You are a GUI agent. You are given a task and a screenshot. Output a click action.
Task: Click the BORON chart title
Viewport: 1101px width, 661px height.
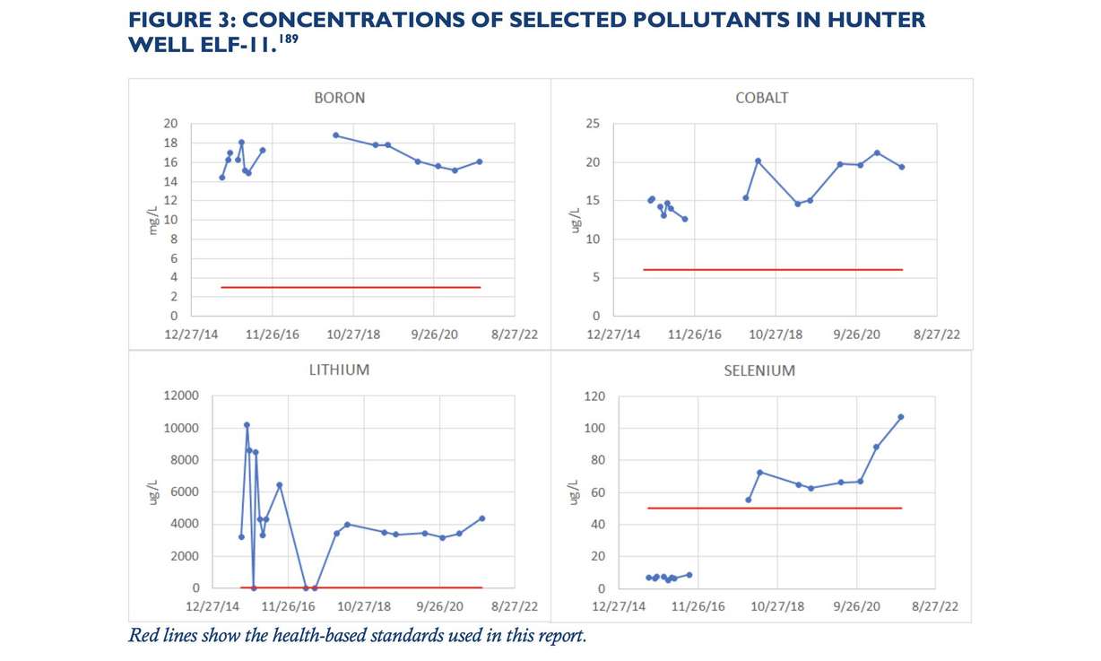coord(339,98)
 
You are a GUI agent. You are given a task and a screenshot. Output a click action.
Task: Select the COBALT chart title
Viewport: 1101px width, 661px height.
coord(761,98)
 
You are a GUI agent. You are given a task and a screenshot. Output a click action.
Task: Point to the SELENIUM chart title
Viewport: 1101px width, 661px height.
coord(759,370)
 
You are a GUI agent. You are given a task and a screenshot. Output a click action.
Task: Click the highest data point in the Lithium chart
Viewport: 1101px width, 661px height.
coord(247,425)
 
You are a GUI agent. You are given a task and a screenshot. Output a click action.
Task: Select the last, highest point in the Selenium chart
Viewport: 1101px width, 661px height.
coord(901,416)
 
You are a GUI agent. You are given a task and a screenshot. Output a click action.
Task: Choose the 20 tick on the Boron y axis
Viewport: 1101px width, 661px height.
coord(170,124)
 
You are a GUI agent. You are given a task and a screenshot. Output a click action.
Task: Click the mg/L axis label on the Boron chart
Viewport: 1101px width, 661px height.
coord(153,220)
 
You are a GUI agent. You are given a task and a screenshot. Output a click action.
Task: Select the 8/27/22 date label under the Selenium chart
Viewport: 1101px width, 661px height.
coord(936,606)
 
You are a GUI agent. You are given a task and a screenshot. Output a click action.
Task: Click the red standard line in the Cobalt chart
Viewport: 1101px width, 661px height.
coord(772,269)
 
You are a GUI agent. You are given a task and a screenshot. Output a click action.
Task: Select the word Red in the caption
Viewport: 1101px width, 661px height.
coord(145,637)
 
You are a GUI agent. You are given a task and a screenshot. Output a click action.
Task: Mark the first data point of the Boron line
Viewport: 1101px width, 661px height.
coord(221,178)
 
